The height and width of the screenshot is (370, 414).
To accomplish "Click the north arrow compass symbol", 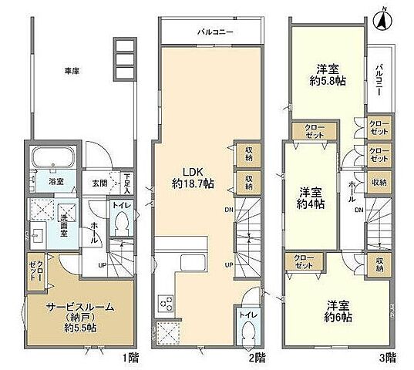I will click(381, 19).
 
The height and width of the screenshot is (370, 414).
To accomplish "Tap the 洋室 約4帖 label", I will click(311, 197).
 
